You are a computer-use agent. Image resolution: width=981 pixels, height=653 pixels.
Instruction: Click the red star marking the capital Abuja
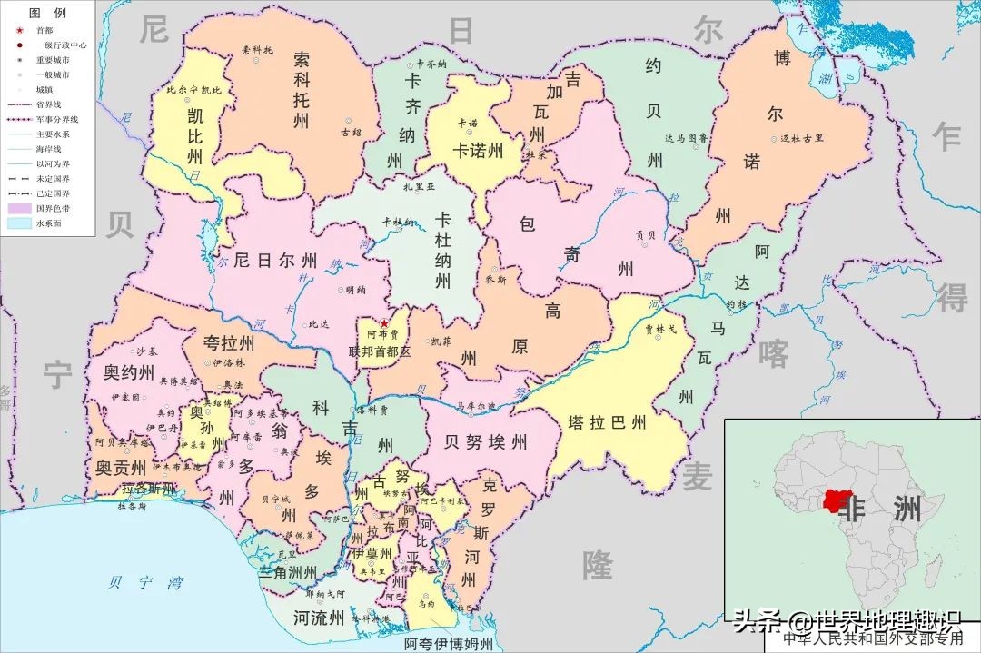(x=384, y=323)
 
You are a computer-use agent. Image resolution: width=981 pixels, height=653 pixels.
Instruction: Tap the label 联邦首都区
(x=381, y=351)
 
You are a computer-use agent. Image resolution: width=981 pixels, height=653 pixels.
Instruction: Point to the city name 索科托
(x=257, y=50)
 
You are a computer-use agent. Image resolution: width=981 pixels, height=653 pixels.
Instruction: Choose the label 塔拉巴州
(x=607, y=422)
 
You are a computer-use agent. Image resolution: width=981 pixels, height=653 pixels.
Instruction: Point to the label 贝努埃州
(x=486, y=442)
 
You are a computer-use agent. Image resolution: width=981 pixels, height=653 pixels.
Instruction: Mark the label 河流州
(x=319, y=618)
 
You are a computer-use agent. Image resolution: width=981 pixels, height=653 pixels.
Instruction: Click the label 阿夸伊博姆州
(x=449, y=644)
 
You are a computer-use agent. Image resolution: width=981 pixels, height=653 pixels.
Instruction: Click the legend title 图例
(x=47, y=14)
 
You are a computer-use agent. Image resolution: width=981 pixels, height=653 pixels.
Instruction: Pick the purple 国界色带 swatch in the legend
(x=19, y=208)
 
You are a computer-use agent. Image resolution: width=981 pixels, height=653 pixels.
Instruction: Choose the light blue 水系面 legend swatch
(x=19, y=223)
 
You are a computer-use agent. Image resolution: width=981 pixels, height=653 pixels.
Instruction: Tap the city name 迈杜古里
(x=802, y=138)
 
